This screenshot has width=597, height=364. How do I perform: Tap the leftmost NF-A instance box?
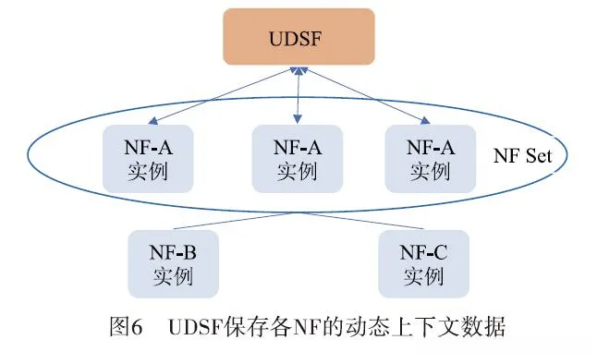pos(148,158)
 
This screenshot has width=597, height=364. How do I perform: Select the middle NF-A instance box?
pos(297,158)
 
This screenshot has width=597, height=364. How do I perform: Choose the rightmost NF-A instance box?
pos(430,158)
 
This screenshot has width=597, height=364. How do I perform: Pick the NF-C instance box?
pos(423,263)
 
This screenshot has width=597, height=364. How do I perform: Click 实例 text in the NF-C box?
pos(423,275)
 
